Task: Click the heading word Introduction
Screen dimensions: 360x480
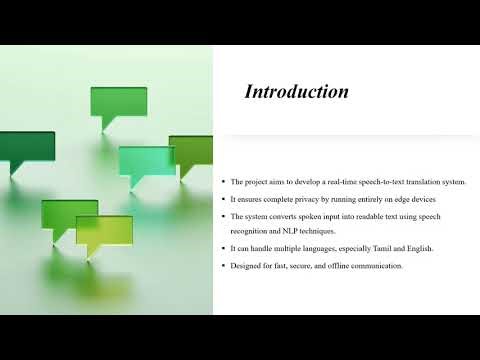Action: point(297,92)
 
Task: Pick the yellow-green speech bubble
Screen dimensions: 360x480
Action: point(104,231)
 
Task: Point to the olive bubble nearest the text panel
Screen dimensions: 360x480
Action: point(192,150)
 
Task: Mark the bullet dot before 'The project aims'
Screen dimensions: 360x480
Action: point(223,182)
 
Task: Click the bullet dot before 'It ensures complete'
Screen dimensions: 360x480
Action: point(223,200)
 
